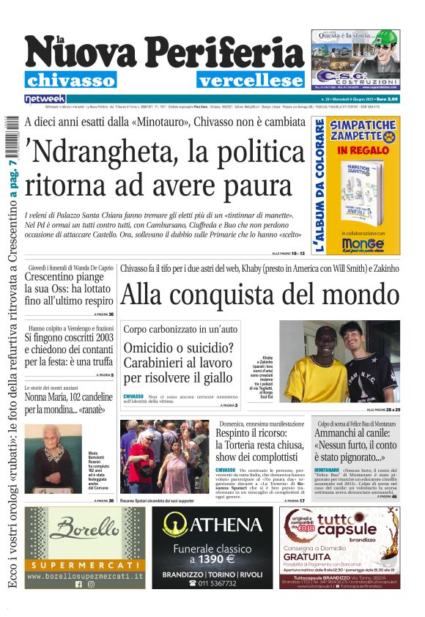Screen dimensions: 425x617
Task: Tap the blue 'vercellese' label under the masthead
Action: point(250,80)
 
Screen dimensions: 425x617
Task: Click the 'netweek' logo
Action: point(45,99)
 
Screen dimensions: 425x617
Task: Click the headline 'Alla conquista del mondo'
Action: point(260,295)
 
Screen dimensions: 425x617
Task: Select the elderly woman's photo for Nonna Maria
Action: point(53,458)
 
